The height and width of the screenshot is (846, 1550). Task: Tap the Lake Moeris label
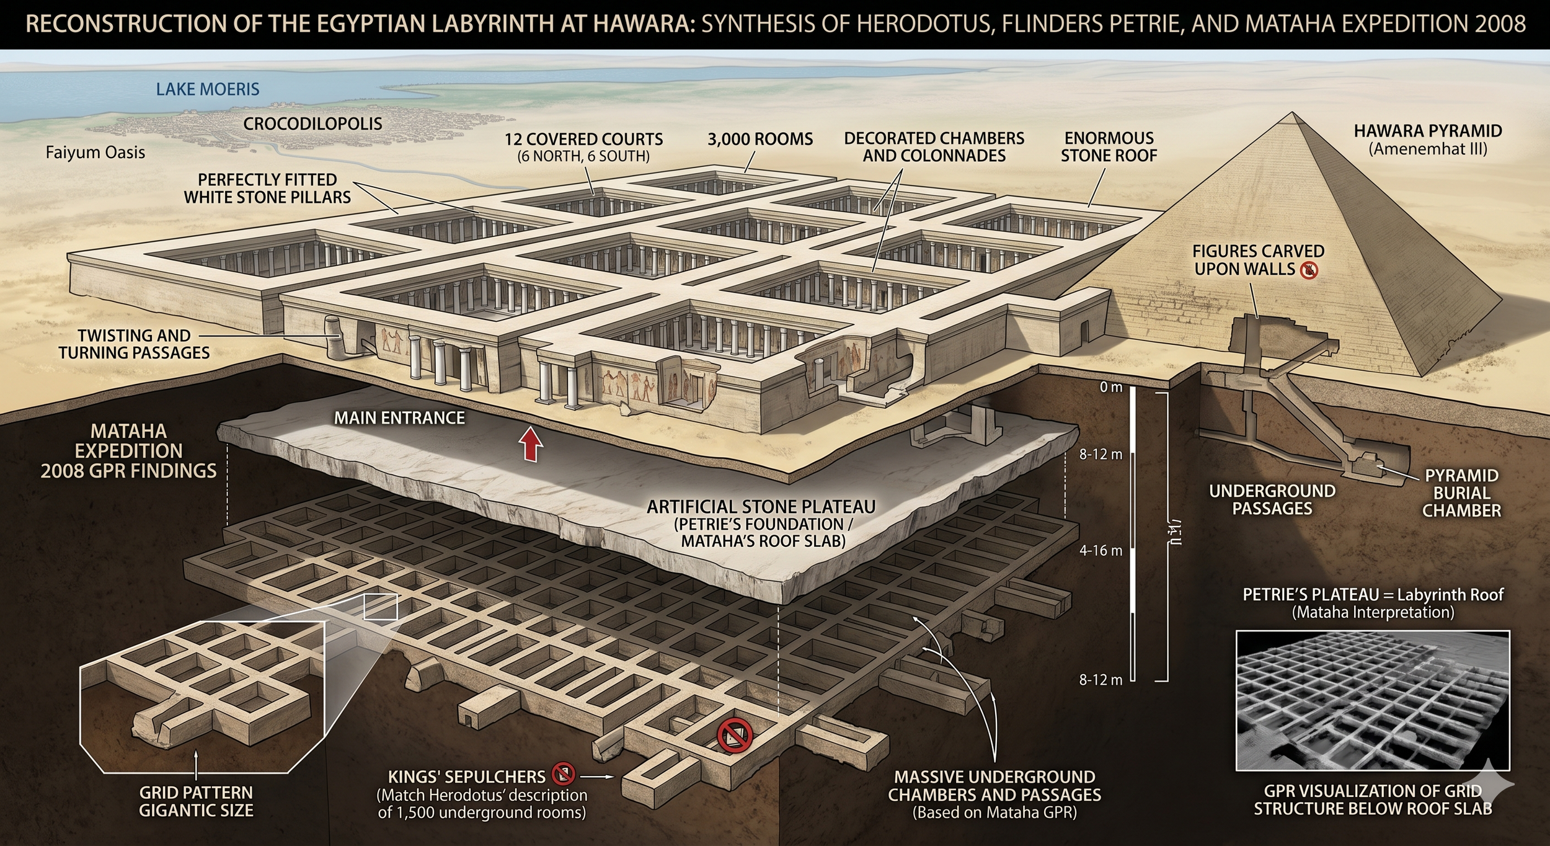point(207,89)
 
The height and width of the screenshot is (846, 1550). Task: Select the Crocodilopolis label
point(312,123)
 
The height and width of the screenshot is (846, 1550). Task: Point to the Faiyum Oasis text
point(95,153)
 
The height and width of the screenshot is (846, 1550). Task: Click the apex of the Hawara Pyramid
point(1292,114)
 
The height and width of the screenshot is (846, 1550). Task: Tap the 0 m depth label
point(1110,388)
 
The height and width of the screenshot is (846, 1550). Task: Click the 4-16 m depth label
point(1100,550)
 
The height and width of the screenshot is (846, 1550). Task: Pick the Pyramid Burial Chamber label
point(1461,493)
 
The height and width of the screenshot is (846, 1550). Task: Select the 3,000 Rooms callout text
point(759,140)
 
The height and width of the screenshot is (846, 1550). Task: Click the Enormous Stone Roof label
point(1109,147)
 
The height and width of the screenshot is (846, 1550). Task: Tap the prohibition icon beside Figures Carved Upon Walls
point(1309,270)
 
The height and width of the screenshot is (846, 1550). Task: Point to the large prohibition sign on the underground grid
point(735,736)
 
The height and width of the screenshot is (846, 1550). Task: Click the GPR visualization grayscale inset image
point(1372,700)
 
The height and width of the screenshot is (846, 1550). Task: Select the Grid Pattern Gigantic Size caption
point(196,801)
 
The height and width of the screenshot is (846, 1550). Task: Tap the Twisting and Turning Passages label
point(134,344)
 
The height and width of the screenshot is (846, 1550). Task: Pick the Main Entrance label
point(399,418)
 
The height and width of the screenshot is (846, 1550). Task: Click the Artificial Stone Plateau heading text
point(761,507)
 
